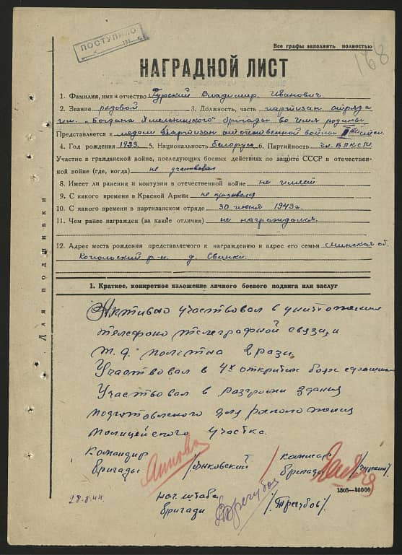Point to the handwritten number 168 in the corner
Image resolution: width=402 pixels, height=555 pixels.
374,54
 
